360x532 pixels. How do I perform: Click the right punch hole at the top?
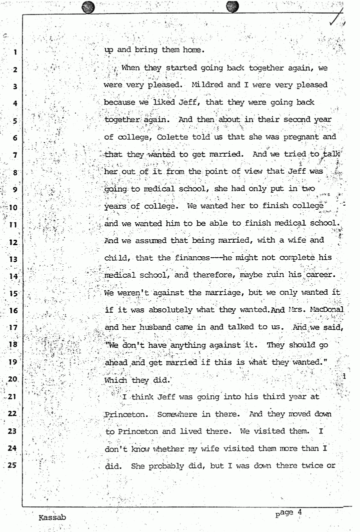232,6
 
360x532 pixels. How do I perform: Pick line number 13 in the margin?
14,259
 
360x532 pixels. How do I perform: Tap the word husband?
155,327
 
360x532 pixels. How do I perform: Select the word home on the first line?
193,50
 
